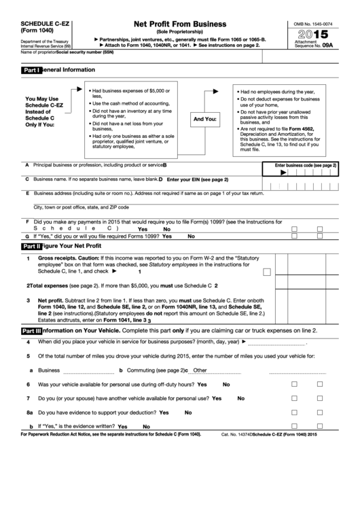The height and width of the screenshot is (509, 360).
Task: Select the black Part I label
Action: coord(31,70)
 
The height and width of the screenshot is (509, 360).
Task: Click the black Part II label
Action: coord(31,246)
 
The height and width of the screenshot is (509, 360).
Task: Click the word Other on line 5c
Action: coord(200,370)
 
